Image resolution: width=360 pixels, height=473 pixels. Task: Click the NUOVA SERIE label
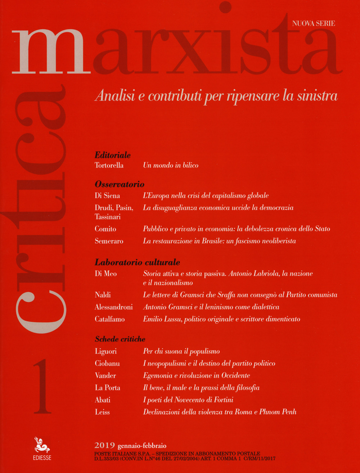313,24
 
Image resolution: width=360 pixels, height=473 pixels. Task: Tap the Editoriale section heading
112,156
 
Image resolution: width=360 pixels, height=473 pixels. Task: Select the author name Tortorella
109,165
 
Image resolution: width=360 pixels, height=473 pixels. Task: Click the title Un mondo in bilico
171,165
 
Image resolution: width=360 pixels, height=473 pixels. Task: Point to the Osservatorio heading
119,184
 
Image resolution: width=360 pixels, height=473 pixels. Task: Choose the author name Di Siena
107,196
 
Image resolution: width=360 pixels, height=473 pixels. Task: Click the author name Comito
105,229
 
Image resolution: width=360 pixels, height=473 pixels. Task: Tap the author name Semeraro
109,241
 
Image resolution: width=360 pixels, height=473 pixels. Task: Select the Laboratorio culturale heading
137,262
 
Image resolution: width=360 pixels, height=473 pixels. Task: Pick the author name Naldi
103,295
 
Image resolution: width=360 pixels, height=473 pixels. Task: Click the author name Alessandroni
113,307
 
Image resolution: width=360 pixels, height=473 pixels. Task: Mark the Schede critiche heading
120,339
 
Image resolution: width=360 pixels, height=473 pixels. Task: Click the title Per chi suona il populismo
181,351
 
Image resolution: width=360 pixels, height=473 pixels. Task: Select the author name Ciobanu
107,364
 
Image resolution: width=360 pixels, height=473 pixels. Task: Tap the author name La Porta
107,388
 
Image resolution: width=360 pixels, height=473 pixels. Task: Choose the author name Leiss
102,412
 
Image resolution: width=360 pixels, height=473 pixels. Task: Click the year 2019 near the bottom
103,446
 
